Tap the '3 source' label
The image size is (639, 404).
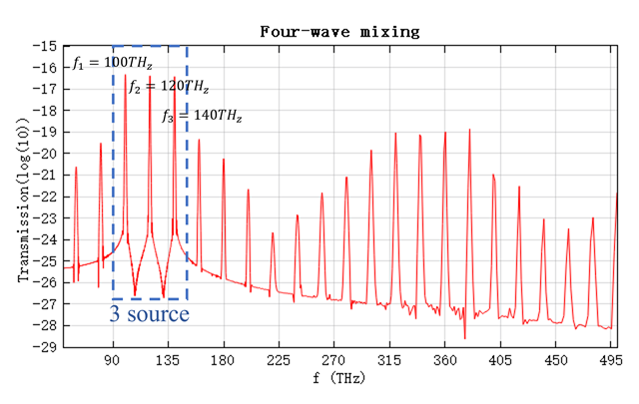(x=150, y=315)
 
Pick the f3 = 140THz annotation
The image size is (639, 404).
(x=201, y=116)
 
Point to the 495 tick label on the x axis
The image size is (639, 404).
(x=607, y=361)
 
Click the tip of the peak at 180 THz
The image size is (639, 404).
(x=223, y=159)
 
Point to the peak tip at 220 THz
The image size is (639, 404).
(x=273, y=231)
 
